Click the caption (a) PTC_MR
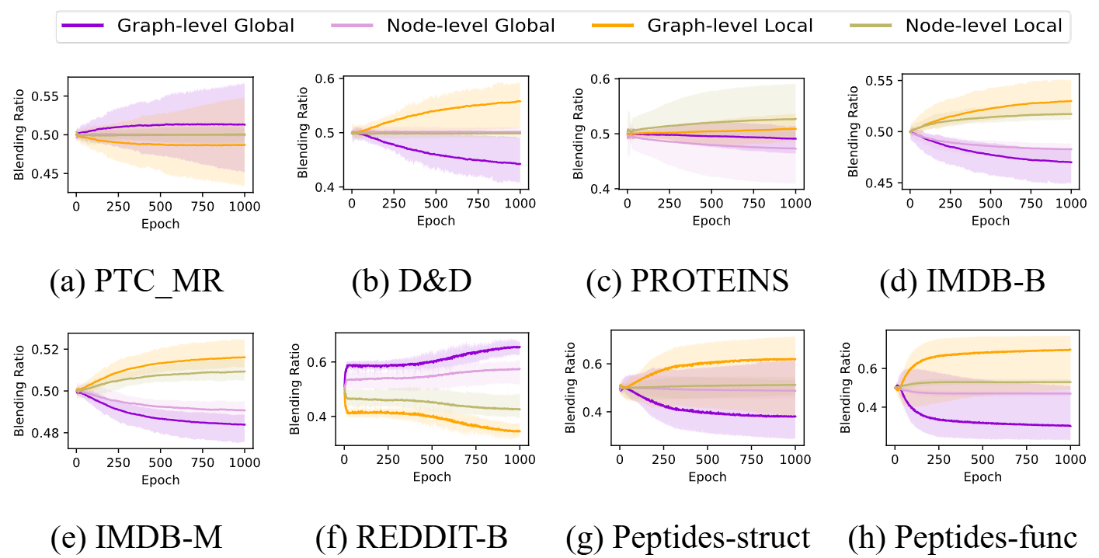[137, 281]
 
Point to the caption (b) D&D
[412, 281]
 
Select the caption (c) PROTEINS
[687, 281]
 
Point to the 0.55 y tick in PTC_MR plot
[50, 96]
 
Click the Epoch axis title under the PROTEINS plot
[711, 221]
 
